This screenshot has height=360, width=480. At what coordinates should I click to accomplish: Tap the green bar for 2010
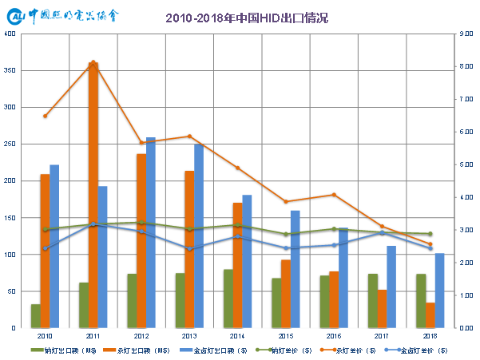(x=36, y=316)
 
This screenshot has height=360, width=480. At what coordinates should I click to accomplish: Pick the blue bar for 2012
(x=151, y=232)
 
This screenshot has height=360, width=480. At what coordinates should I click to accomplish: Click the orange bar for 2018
(x=430, y=315)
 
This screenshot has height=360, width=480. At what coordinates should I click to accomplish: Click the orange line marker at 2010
(x=45, y=116)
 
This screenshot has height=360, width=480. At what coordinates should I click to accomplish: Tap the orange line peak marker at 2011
(x=93, y=62)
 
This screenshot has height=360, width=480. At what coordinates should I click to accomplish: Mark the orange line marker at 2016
(x=334, y=195)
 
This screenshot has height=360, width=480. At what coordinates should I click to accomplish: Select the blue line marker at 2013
(x=189, y=250)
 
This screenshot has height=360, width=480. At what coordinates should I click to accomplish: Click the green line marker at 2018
(x=430, y=234)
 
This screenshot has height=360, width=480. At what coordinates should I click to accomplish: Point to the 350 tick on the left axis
(x=10, y=71)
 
